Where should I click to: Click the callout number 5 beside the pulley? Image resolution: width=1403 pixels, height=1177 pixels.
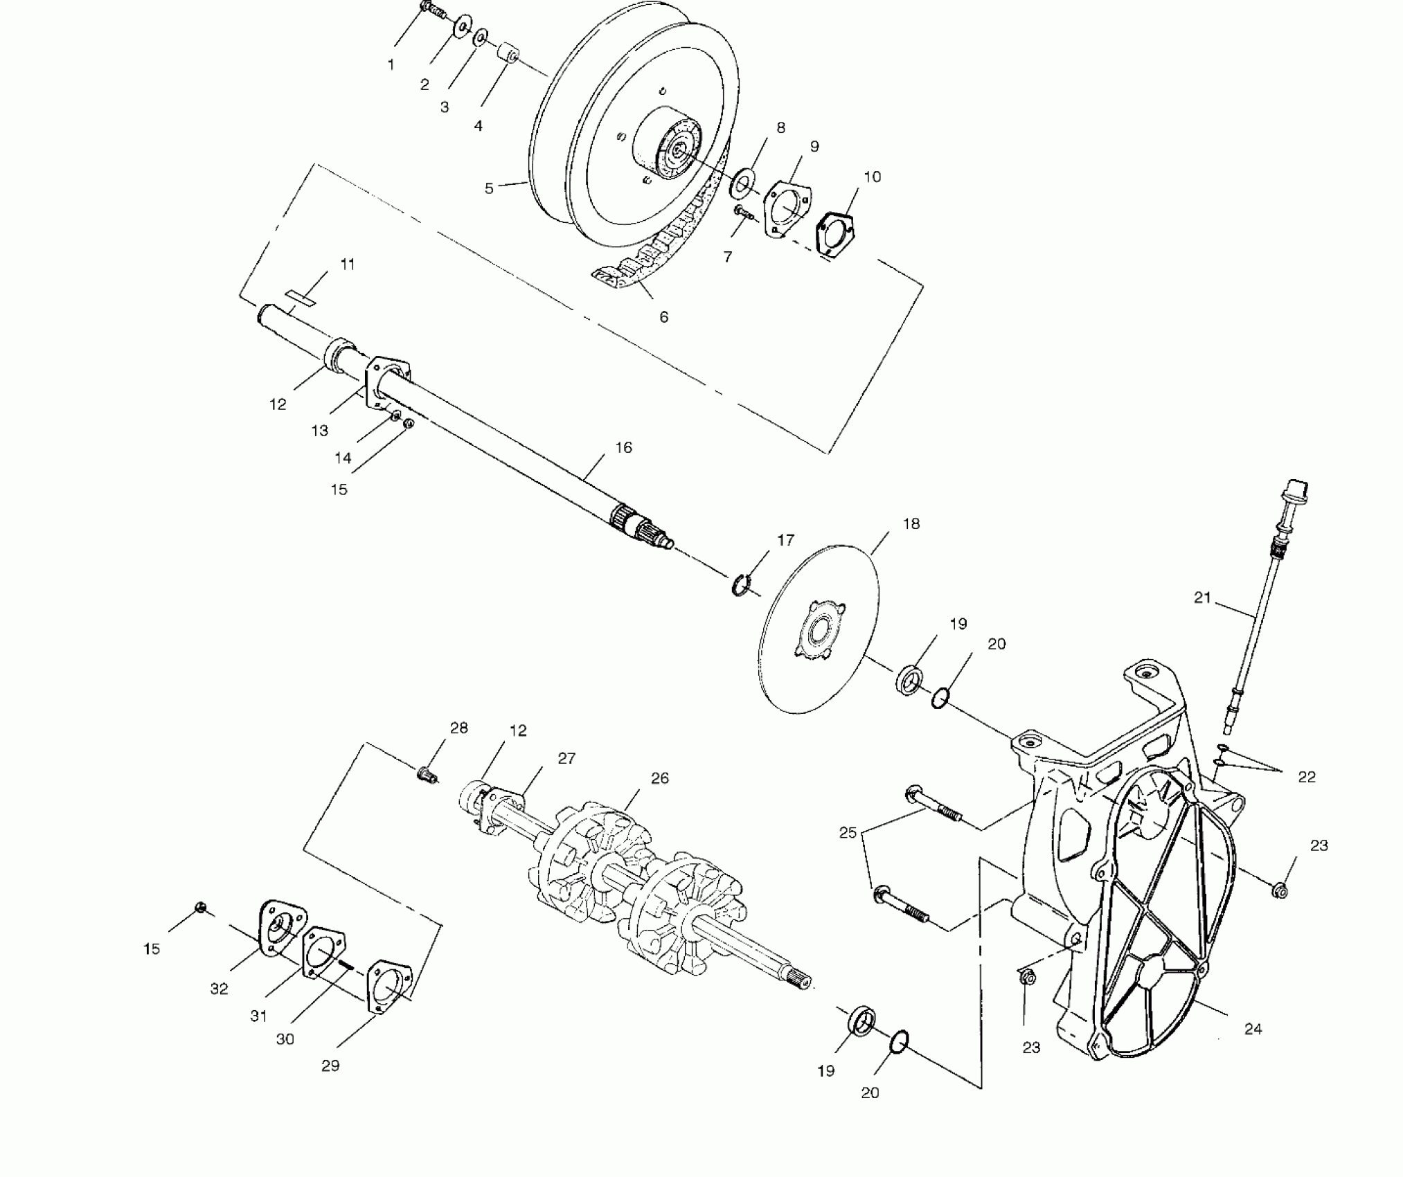(489, 188)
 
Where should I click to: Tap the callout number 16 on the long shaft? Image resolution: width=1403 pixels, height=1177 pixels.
(623, 447)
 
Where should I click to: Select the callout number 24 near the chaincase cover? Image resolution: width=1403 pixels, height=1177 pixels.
(1253, 1029)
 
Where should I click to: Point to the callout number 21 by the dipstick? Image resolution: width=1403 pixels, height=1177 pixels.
(1202, 597)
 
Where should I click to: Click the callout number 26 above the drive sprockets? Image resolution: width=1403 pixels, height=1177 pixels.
(660, 778)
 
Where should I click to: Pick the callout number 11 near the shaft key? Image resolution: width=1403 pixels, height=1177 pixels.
(348, 264)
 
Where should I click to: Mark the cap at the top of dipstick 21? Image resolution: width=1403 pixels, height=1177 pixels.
(1296, 487)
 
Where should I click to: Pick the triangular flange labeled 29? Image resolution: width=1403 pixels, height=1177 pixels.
(388, 986)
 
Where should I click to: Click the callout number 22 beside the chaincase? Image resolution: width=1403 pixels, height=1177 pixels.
(1306, 777)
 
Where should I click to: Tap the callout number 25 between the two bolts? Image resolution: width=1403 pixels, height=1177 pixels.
(848, 833)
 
